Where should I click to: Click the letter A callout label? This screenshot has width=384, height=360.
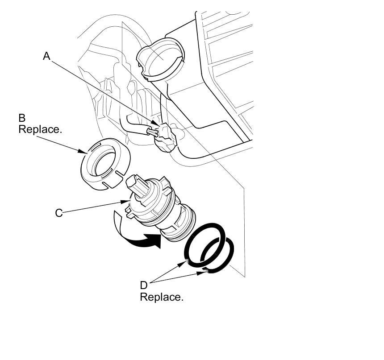click(x=46, y=56)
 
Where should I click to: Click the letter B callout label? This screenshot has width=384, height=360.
click(x=22, y=118)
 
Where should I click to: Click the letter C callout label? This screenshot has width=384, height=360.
click(x=58, y=213)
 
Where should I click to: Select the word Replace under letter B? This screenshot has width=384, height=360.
click(x=40, y=129)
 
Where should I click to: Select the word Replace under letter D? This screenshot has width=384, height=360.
click(x=162, y=297)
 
